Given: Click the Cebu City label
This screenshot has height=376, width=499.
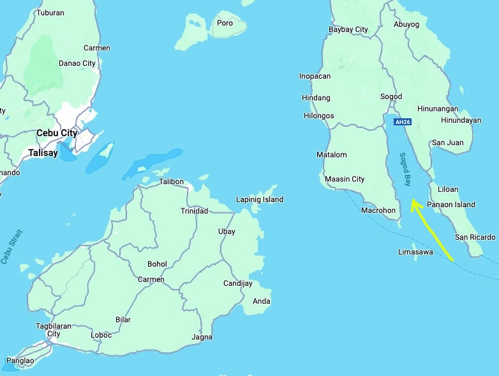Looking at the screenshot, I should (56, 133).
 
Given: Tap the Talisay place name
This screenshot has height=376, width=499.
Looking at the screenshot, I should (43, 153).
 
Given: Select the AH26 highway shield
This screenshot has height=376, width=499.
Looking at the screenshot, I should (402, 122).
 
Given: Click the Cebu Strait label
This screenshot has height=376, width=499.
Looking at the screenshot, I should (12, 246).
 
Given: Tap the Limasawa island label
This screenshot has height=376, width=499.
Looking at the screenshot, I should (415, 252).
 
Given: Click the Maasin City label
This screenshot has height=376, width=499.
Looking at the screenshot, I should (345, 179).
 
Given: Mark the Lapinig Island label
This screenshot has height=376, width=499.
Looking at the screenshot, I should (259, 200).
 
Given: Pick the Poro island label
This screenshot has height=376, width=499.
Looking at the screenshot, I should (225, 23).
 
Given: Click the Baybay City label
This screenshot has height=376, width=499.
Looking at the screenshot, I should (348, 29).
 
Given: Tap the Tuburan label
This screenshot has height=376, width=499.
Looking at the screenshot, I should (50, 13).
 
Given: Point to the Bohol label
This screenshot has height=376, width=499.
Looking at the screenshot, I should (157, 264).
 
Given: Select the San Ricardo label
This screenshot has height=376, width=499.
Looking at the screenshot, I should (475, 237).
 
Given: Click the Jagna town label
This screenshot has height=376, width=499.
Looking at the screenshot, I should (202, 337).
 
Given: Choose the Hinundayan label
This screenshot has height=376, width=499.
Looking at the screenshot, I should (460, 120).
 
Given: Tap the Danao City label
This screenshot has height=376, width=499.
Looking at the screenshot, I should (77, 63).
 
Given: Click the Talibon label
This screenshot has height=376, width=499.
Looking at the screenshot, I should (171, 182).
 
